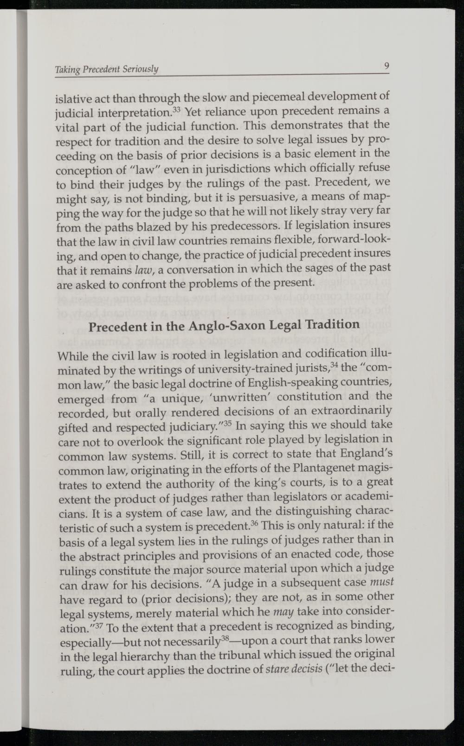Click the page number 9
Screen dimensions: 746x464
pos(386,66)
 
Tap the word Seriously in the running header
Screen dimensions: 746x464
pos(141,70)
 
